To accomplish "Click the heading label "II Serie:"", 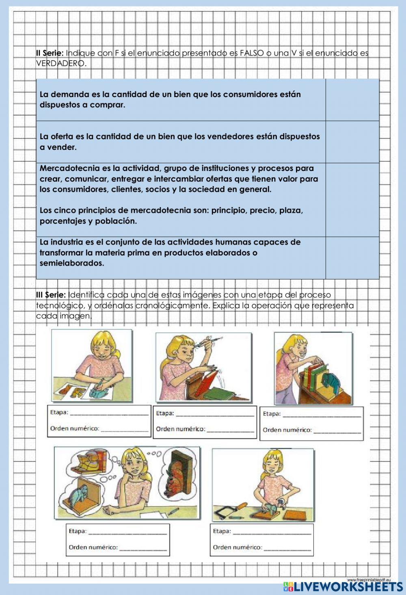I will pos(50,53).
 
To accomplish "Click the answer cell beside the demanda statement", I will pos(352,100).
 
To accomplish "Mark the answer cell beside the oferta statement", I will pos(352,142).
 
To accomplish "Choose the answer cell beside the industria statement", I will pos(352,257).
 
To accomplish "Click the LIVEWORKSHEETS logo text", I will pos(348,586).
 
